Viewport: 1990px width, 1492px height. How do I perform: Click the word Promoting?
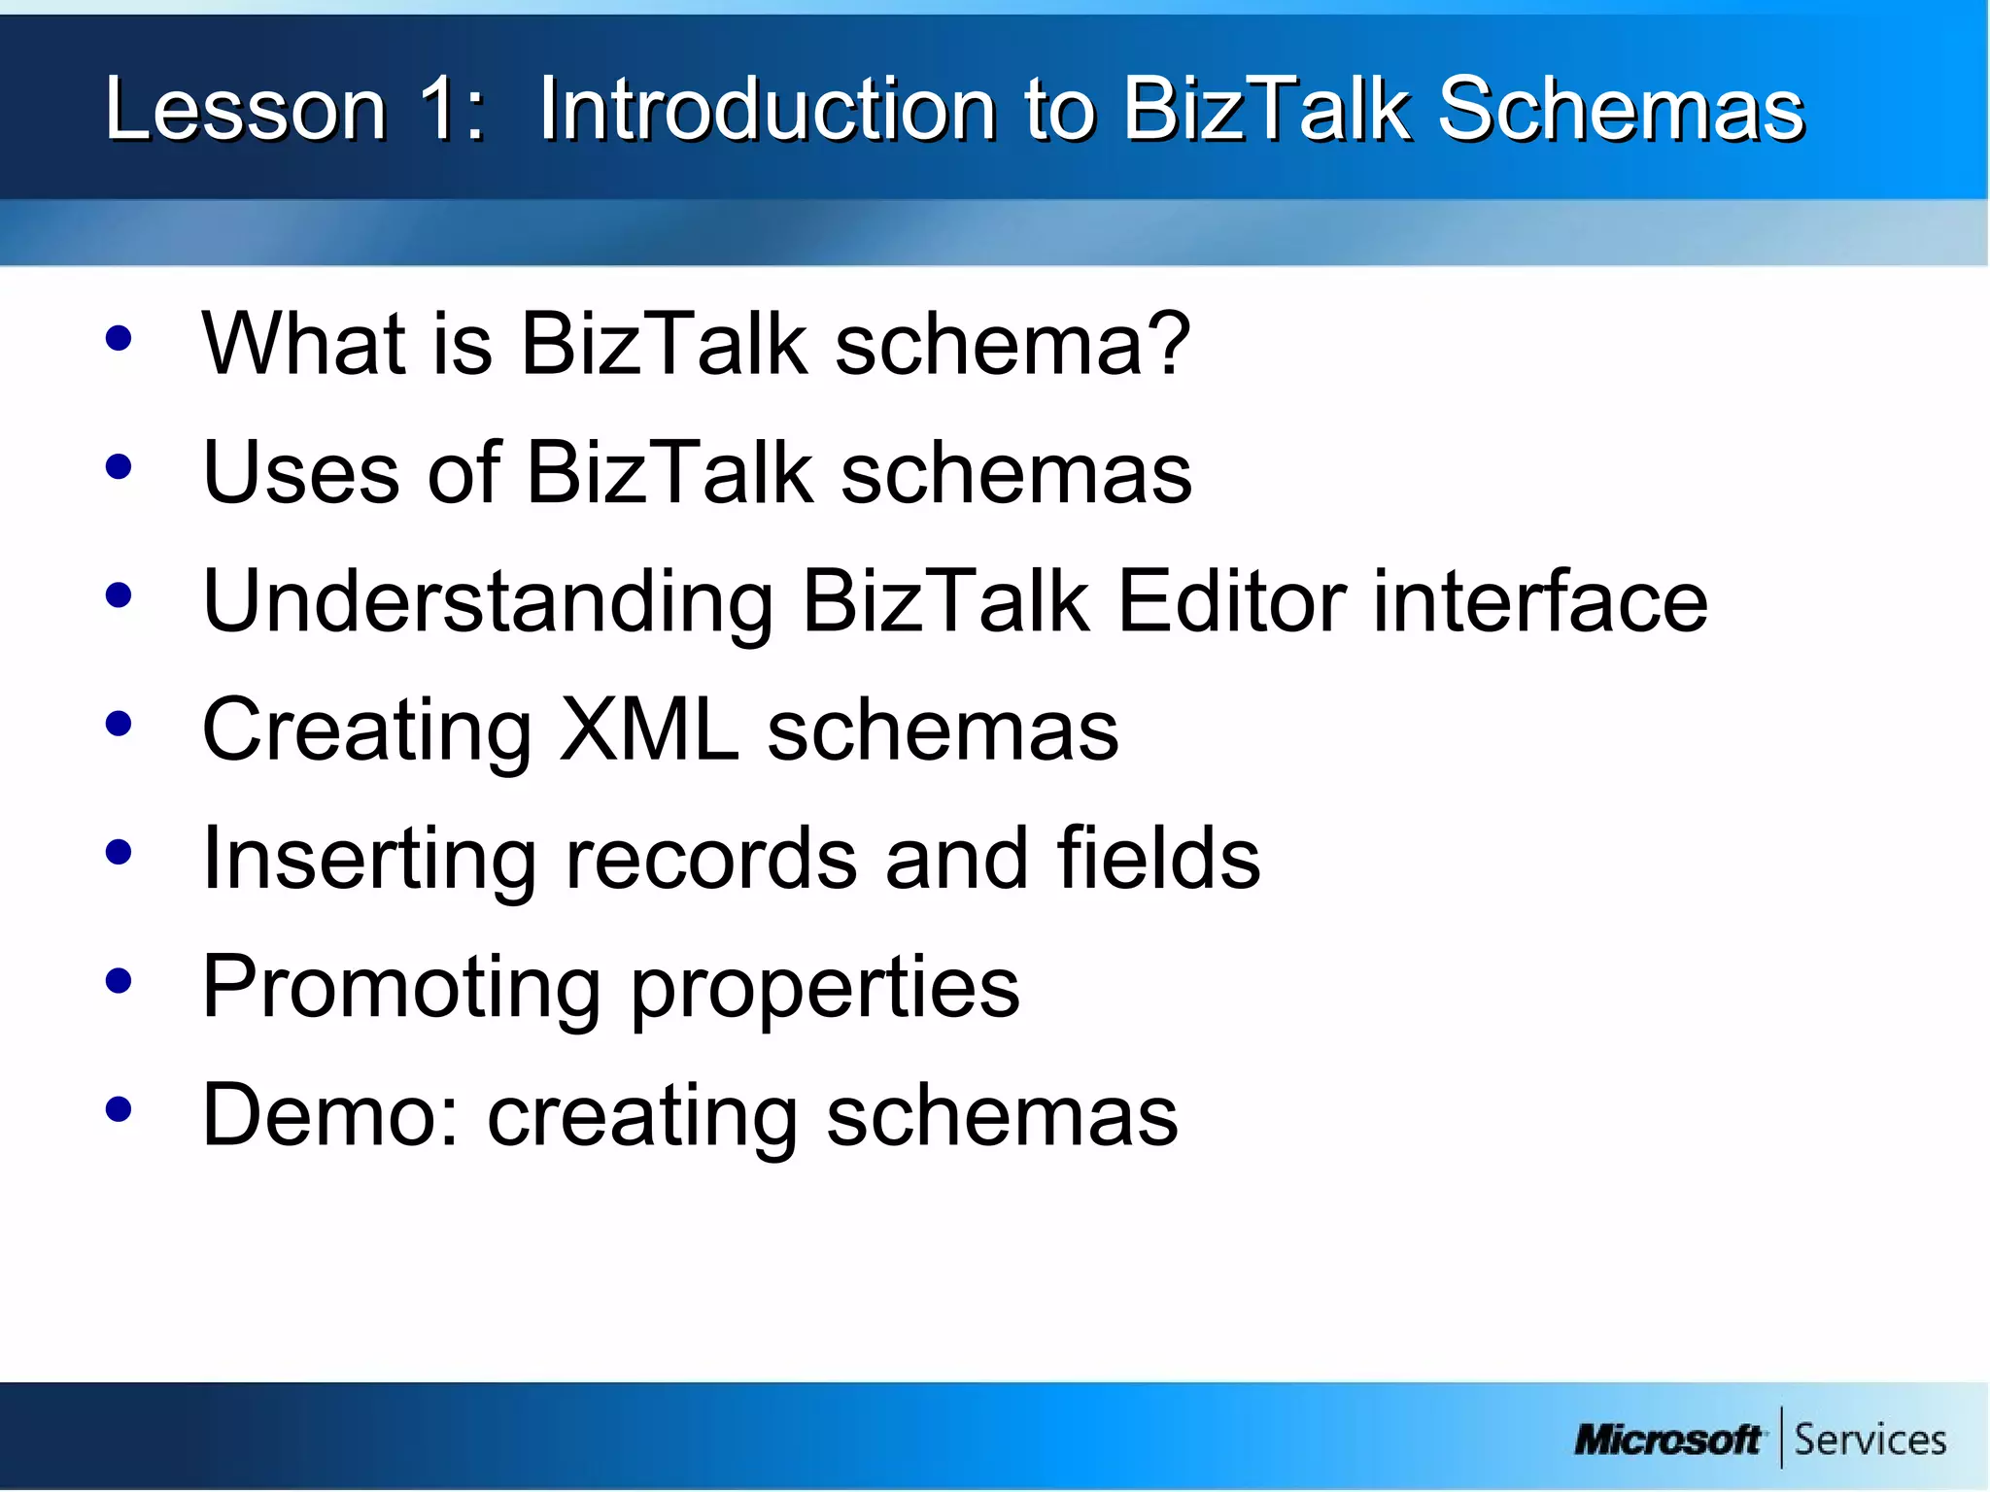click(x=401, y=987)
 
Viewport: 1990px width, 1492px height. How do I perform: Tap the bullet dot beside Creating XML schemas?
click(x=119, y=725)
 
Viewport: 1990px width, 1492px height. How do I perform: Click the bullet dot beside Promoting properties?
click(x=119, y=981)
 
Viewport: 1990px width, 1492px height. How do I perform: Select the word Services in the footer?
click(x=1870, y=1439)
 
